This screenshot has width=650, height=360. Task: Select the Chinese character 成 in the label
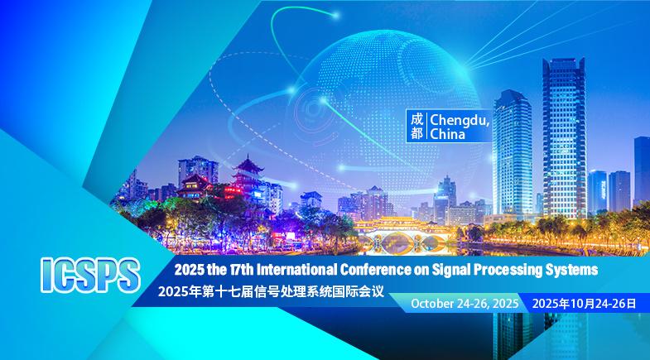417,118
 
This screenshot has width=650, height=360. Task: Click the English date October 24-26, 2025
464,305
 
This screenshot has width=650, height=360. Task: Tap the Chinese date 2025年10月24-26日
586,305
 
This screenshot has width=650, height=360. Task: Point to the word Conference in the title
361,271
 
